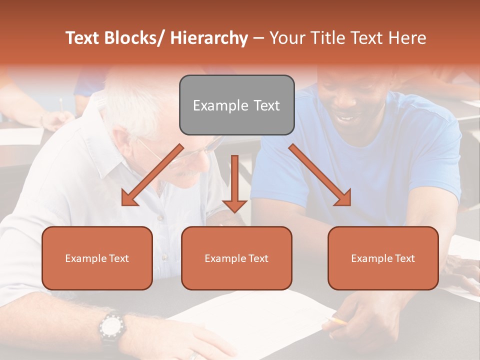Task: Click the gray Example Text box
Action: (236, 105)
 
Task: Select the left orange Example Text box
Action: (97, 258)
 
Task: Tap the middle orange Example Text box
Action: (236, 258)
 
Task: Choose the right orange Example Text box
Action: (383, 258)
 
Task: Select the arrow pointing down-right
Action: (320, 175)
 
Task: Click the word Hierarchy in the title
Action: (209, 38)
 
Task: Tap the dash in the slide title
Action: (258, 38)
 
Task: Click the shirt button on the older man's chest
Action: (160, 218)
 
